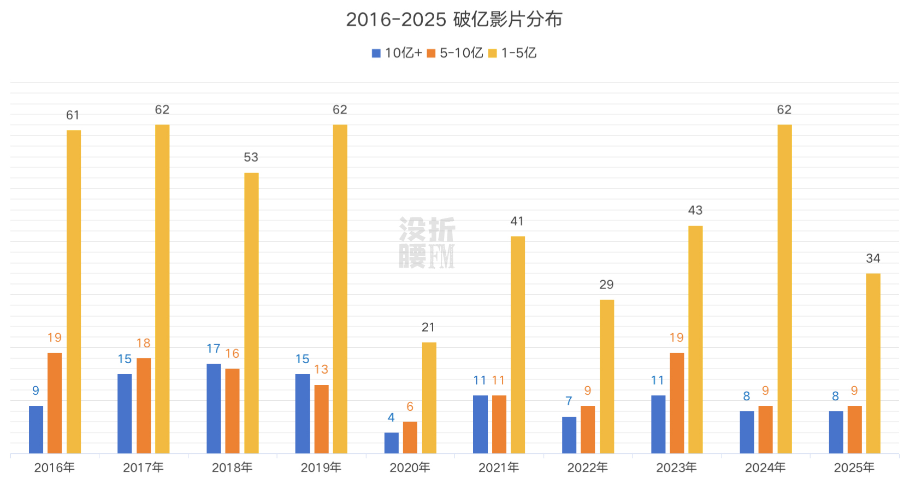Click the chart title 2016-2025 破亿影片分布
click(x=454, y=20)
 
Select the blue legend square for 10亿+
click(x=376, y=54)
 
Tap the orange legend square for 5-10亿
click(x=431, y=54)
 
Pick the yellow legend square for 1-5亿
click(x=492, y=54)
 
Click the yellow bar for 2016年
click(x=74, y=292)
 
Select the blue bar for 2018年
click(x=214, y=408)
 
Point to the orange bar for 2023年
click(x=677, y=403)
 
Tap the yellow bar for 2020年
click(x=429, y=398)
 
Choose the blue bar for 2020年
click(x=391, y=442)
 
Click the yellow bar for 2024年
click(x=784, y=289)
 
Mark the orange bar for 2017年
click(x=144, y=405)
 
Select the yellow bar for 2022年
click(x=607, y=376)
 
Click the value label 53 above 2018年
click(x=251, y=157)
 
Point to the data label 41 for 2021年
click(x=517, y=221)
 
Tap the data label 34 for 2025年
click(x=873, y=258)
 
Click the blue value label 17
click(x=213, y=348)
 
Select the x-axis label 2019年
click(x=321, y=468)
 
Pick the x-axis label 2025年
click(x=854, y=468)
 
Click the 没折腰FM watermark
click(x=427, y=242)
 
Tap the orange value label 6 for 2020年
click(x=410, y=406)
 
